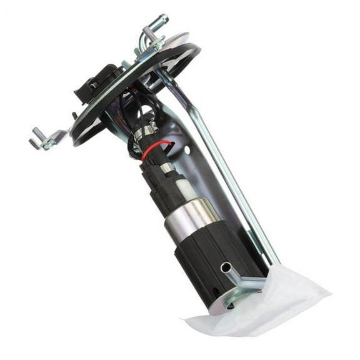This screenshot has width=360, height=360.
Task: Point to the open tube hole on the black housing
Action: (225, 267)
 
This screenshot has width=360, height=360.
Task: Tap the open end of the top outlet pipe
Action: (164, 19)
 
